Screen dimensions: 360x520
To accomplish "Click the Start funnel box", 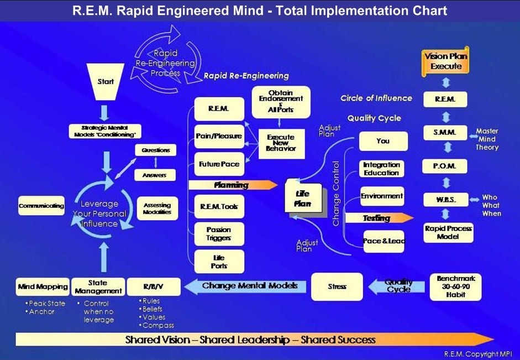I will pyautogui.click(x=106, y=82).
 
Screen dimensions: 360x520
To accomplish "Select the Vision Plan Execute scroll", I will pyautogui.click(x=446, y=61).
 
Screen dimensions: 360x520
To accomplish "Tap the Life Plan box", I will pyautogui.click(x=302, y=199).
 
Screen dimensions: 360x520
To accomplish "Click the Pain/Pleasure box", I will pyautogui.click(x=219, y=136).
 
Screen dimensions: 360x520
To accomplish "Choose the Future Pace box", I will pyautogui.click(x=219, y=164).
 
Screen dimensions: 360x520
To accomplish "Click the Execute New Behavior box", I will pyautogui.click(x=281, y=142).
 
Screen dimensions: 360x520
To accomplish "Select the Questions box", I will pyautogui.click(x=155, y=150).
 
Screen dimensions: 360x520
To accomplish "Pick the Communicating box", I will pyautogui.click(x=41, y=206).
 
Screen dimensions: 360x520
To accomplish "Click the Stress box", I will pyautogui.click(x=337, y=286).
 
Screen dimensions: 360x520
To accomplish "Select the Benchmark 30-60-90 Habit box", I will pyautogui.click(x=456, y=286).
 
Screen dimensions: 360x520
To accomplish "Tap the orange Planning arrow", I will pyautogui.click(x=232, y=185).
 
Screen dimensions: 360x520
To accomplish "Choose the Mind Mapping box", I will pyautogui.click(x=43, y=287).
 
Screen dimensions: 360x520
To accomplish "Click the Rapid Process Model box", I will pyautogui.click(x=448, y=232).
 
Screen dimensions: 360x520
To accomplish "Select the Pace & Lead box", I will pyautogui.click(x=384, y=241).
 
